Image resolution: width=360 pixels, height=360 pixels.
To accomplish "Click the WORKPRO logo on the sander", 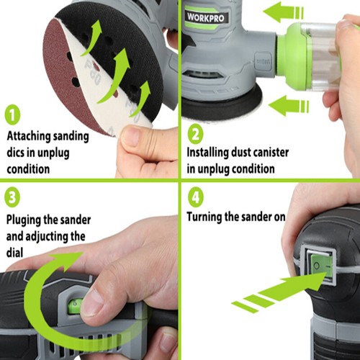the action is click(x=205, y=17).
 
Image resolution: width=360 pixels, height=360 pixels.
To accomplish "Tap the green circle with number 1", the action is click(x=12, y=114).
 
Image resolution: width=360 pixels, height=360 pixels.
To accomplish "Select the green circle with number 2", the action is click(x=196, y=134).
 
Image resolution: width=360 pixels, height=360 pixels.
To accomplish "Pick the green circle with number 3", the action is click(x=12, y=197).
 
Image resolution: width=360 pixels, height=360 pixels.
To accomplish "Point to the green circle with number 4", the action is click(x=196, y=197).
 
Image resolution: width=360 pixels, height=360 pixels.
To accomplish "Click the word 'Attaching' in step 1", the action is click(x=29, y=137).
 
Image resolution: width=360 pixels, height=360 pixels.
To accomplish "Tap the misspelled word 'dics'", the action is click(x=15, y=153).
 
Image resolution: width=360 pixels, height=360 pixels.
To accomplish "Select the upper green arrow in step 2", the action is click(x=283, y=12).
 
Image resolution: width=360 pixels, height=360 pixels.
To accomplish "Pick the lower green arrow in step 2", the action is click(x=289, y=105).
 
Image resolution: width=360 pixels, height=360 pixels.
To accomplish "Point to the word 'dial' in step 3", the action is click(x=14, y=253).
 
